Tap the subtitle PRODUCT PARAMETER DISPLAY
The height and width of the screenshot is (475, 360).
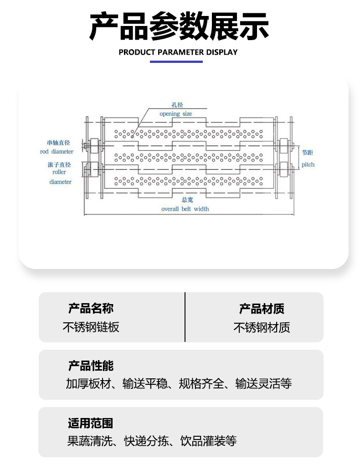178,52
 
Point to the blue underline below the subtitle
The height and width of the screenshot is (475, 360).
176,62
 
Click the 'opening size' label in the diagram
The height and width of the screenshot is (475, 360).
176,114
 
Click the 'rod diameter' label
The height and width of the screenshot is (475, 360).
57,151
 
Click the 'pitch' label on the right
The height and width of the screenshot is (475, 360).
308,165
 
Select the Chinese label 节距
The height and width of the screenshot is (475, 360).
308,153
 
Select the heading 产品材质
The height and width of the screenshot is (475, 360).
262,309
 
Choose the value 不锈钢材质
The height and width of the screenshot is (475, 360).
262,327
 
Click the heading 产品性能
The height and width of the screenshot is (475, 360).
91,366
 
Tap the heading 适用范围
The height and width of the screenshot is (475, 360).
90,423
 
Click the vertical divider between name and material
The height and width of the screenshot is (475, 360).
185,317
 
